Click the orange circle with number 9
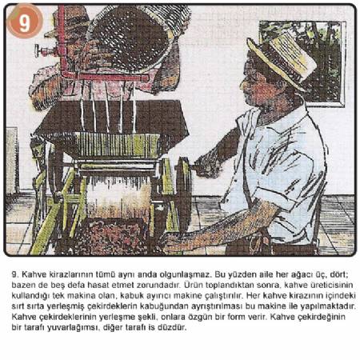(25, 22)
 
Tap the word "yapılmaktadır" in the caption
(328, 306)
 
